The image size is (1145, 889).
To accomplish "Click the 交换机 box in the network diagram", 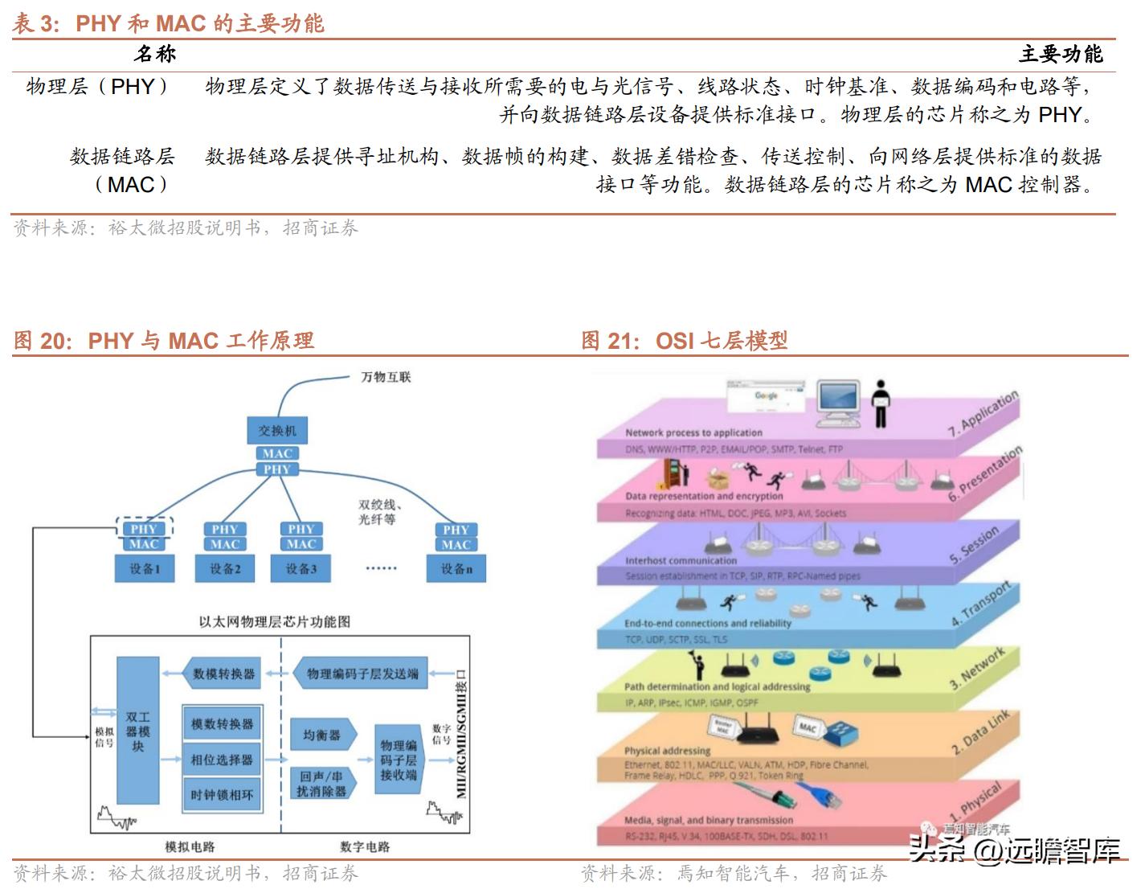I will click(277, 430).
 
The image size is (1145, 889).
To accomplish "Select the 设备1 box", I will click(145, 569).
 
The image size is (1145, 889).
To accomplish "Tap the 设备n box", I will click(456, 569).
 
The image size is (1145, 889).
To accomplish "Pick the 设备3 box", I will click(301, 569).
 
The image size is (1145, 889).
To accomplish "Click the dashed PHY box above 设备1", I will click(144, 528).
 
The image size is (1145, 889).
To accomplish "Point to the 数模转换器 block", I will click(223, 674).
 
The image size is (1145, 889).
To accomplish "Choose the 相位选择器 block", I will click(223, 760).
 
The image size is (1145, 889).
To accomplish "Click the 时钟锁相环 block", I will click(223, 795).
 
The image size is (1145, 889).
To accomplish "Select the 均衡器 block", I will click(321, 735).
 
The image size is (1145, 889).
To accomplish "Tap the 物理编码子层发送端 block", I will click(362, 674).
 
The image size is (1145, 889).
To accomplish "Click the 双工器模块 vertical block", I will click(137, 731).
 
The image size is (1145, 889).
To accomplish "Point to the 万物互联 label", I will click(386, 377).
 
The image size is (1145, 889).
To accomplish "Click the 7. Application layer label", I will click(982, 413).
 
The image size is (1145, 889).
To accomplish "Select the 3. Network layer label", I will click(977, 670).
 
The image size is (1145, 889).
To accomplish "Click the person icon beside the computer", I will click(881, 404).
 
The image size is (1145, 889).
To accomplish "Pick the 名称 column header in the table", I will click(154, 55).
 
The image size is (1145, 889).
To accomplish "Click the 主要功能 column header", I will click(1061, 55).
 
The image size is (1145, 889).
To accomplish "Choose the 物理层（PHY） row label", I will click(98, 87).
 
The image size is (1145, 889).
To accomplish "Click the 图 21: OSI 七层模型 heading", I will click(685, 341).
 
